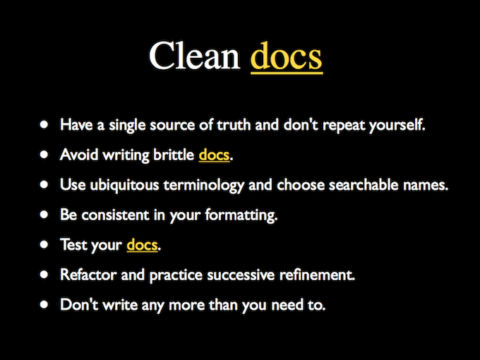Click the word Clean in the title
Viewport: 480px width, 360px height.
pos(194,56)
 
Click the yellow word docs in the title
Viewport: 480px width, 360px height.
pos(287,56)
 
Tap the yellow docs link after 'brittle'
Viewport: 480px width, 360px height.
pos(214,155)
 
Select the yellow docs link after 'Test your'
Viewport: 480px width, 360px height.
pos(142,245)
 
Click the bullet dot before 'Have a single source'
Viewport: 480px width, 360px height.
pos(44,124)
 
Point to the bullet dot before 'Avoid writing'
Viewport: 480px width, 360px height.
pos(44,155)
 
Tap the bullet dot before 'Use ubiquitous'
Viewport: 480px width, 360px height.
pos(44,184)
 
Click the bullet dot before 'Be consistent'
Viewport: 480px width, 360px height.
pos(44,215)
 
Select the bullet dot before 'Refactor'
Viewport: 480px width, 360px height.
pos(44,275)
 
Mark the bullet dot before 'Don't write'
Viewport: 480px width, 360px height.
pos(44,304)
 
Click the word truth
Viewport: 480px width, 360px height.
pos(234,125)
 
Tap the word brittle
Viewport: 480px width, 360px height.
pos(174,155)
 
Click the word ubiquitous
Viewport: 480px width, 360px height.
pos(125,185)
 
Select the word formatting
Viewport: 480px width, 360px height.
pos(241,215)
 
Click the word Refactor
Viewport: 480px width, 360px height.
pos(88,275)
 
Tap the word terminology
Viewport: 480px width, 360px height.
pos(203,185)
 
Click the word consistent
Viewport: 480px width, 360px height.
pos(115,215)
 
